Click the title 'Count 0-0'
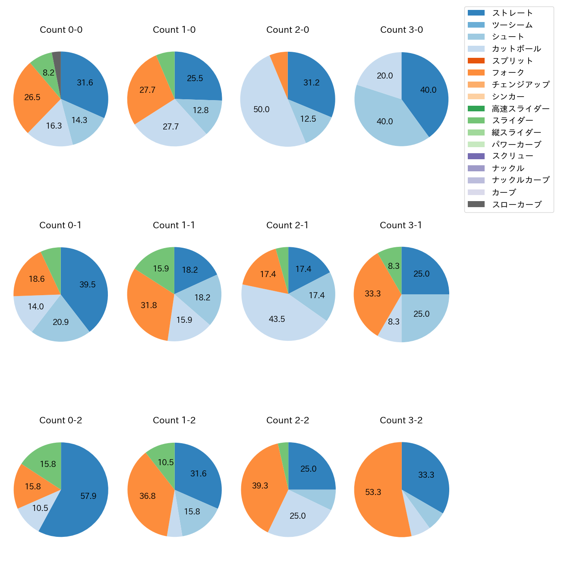click(x=61, y=30)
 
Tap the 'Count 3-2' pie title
click(x=401, y=420)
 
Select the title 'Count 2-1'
click(x=287, y=225)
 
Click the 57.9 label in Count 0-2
click(x=88, y=496)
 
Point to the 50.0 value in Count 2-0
click(x=262, y=110)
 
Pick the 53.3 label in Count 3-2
click(x=373, y=492)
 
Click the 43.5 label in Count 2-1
click(x=277, y=319)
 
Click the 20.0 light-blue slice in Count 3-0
click(x=380, y=73)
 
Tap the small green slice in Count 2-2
click(x=284, y=451)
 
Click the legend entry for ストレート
click(x=512, y=13)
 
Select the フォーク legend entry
click(x=508, y=72)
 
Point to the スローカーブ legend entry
click(x=517, y=205)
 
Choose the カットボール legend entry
click(x=517, y=49)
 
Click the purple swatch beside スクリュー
click(x=476, y=156)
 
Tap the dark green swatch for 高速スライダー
click(x=476, y=108)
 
